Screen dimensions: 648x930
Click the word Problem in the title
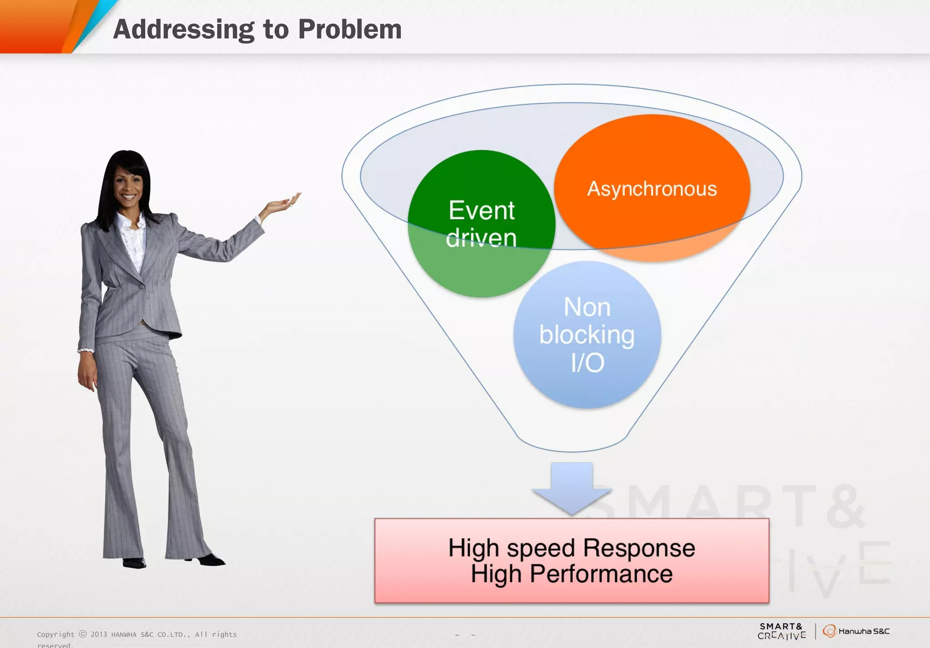click(x=350, y=29)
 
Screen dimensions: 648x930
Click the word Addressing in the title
click(x=183, y=29)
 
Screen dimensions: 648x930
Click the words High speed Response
click(x=572, y=548)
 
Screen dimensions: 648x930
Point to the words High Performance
click(x=572, y=574)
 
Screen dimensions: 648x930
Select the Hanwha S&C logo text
click(x=864, y=631)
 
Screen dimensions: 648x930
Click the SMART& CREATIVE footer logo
click(x=782, y=631)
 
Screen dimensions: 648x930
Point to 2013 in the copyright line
click(x=99, y=634)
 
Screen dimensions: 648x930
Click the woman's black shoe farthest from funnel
click(x=134, y=563)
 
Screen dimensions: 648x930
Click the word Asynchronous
click(x=652, y=189)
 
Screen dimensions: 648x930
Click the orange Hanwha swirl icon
click(x=830, y=631)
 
